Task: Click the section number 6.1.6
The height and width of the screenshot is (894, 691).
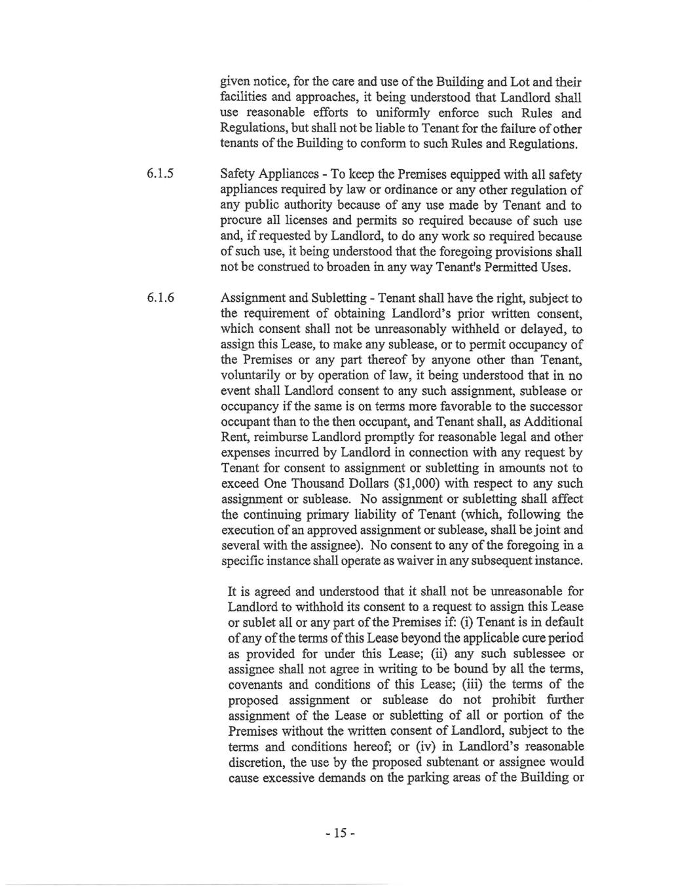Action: [161, 298]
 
